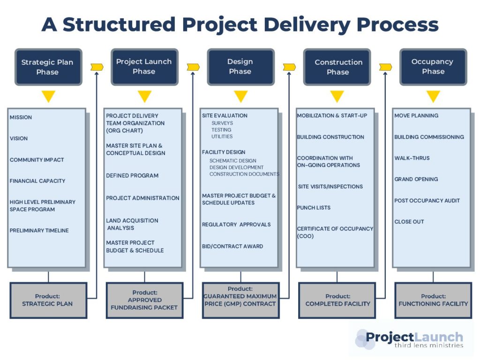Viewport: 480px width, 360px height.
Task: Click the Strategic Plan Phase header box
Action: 48,67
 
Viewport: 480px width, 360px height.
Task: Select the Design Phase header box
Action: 240,67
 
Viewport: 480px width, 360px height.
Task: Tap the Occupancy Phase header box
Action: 433,67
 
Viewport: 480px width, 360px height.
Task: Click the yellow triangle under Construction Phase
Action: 337,96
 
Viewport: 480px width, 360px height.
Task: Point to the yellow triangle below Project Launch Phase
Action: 144,96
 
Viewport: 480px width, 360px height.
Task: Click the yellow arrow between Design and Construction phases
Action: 289,67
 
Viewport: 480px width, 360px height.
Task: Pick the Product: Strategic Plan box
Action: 48,300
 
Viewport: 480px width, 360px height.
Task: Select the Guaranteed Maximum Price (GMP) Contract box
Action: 240,300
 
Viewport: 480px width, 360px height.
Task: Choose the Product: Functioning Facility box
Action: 433,300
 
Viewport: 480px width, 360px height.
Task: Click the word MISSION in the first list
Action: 21,117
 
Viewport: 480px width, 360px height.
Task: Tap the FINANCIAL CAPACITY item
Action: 37,181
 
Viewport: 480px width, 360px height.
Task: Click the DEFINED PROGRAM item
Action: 132,175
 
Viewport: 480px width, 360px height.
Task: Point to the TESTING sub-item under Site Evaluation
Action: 221,130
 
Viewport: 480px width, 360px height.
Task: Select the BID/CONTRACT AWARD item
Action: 232,246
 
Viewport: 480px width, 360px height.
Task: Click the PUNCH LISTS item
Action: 314,208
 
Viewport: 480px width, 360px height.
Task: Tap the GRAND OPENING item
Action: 416,179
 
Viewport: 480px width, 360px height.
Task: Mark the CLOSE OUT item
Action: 409,222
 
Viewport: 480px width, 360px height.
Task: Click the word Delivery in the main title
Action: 307,24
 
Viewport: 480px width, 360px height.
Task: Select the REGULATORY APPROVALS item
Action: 236,225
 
